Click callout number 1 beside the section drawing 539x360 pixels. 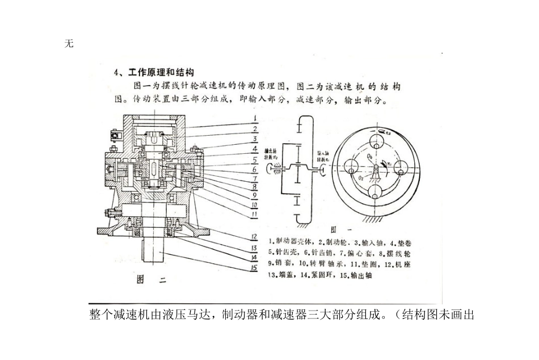(x=256, y=118)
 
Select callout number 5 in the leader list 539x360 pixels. (x=256, y=160)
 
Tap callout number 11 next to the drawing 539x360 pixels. (x=256, y=214)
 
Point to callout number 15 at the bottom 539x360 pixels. (x=256, y=268)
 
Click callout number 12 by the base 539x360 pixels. (x=256, y=237)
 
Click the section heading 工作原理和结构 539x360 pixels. (x=161, y=73)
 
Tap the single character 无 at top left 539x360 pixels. (x=69, y=44)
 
